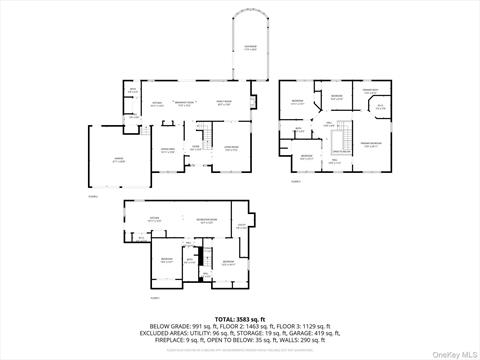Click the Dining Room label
[x=167, y=151]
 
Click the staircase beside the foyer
[x=211, y=136]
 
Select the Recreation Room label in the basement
[x=207, y=221]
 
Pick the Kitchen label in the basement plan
[x=154, y=219]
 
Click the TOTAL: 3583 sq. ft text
[x=240, y=317]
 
